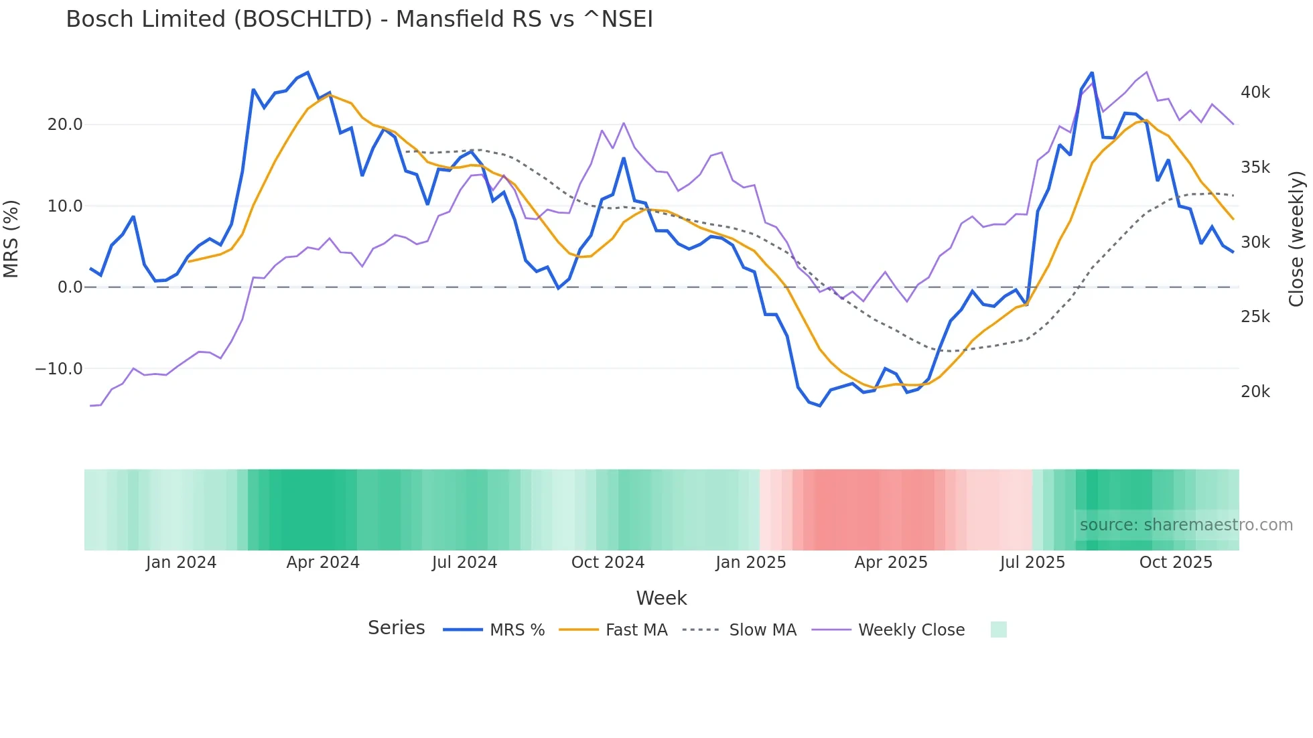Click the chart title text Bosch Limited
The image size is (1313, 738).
click(359, 19)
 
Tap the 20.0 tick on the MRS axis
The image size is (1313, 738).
click(65, 125)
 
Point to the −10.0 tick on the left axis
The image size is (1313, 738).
click(59, 369)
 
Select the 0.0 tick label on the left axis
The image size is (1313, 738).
click(70, 287)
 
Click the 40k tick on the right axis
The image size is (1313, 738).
click(1255, 92)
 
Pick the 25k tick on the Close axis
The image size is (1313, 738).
click(1255, 317)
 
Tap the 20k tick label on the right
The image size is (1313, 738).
click(1255, 392)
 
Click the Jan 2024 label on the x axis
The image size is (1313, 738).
click(181, 563)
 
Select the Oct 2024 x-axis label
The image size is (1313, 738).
click(608, 563)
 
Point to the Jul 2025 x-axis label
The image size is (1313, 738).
click(1032, 563)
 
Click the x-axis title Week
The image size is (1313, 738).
click(661, 598)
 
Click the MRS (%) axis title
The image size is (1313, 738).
click(11, 239)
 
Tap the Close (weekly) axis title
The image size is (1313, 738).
click(1297, 239)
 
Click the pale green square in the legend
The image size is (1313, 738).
click(998, 630)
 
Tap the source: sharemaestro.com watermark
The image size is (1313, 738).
click(1186, 525)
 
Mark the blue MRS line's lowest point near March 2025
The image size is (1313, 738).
click(819, 405)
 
